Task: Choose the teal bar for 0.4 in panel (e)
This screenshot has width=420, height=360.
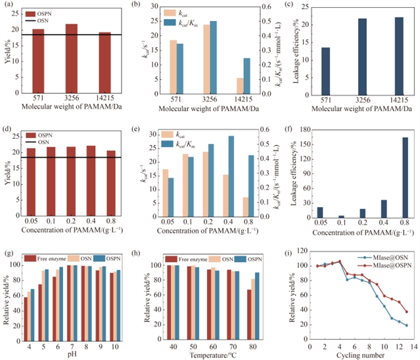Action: tap(231, 170)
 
